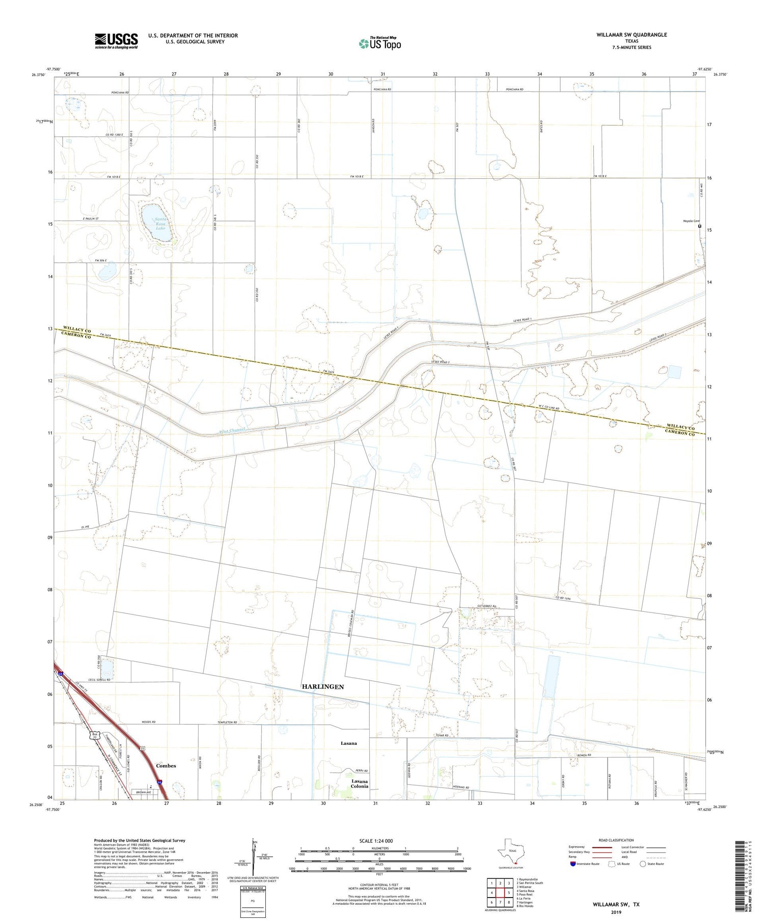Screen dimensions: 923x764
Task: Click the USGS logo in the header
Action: pyautogui.click(x=116, y=41)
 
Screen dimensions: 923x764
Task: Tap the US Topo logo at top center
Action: pyautogui.click(x=379, y=44)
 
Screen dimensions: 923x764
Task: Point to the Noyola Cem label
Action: pyautogui.click(x=691, y=221)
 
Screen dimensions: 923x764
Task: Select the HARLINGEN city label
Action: pyautogui.click(x=323, y=687)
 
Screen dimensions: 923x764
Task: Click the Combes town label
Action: pyautogui.click(x=166, y=766)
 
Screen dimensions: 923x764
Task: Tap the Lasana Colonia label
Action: pyautogui.click(x=360, y=784)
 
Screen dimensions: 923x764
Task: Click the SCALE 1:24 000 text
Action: pyautogui.click(x=378, y=841)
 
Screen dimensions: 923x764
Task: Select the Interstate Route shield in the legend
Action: pyautogui.click(x=573, y=864)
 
